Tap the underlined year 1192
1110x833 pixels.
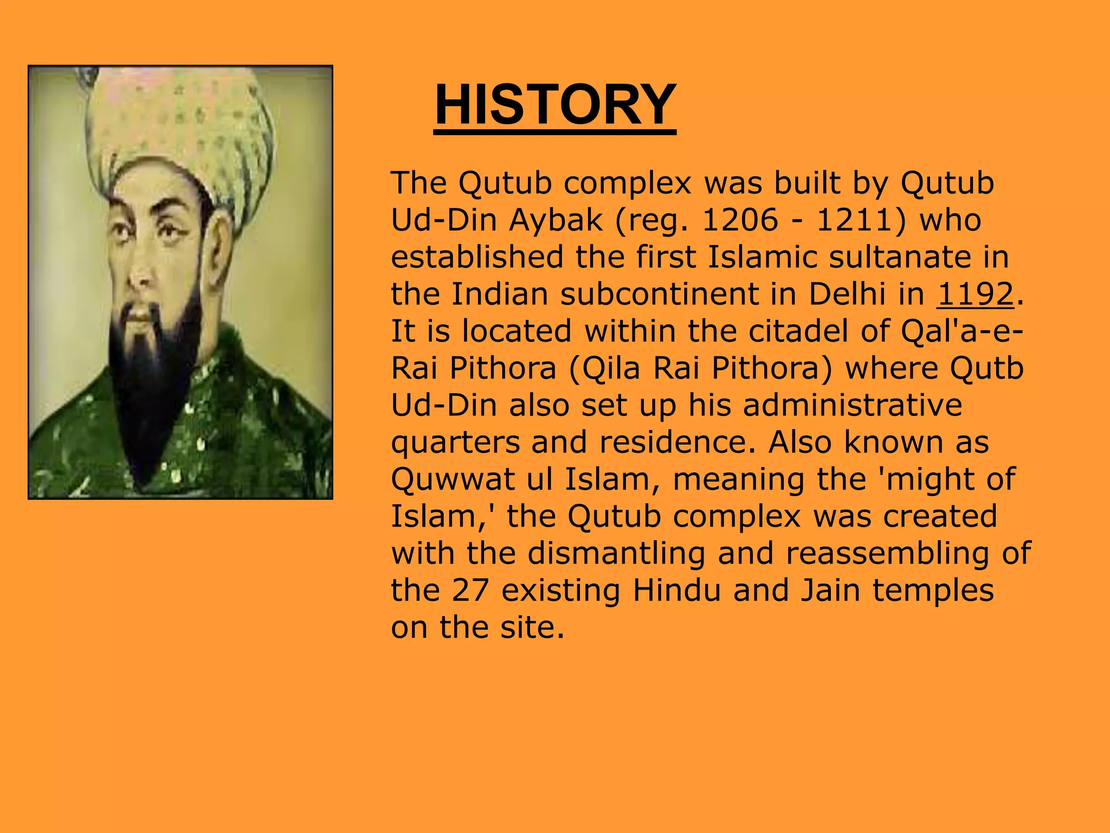tap(975, 294)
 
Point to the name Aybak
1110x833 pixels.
tap(556, 221)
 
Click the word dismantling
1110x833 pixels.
tap(616, 554)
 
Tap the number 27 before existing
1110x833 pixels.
tap(470, 591)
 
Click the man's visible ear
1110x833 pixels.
tap(220, 247)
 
